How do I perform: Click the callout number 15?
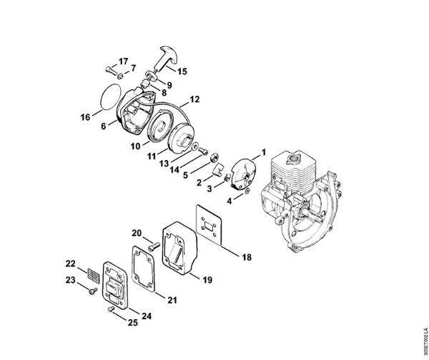tap(182, 71)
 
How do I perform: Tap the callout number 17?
tap(124, 61)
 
